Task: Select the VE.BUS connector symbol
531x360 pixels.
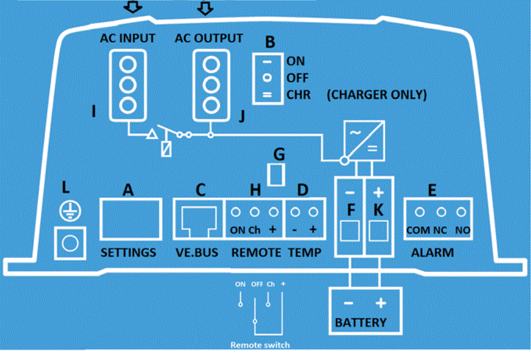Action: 199,219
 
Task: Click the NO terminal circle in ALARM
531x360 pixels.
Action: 461,212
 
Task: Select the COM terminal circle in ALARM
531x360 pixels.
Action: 420,212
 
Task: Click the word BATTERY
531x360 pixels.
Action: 361,322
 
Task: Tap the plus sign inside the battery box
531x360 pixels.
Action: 381,303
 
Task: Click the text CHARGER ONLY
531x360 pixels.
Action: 376,95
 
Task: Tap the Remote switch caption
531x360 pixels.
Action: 260,345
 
